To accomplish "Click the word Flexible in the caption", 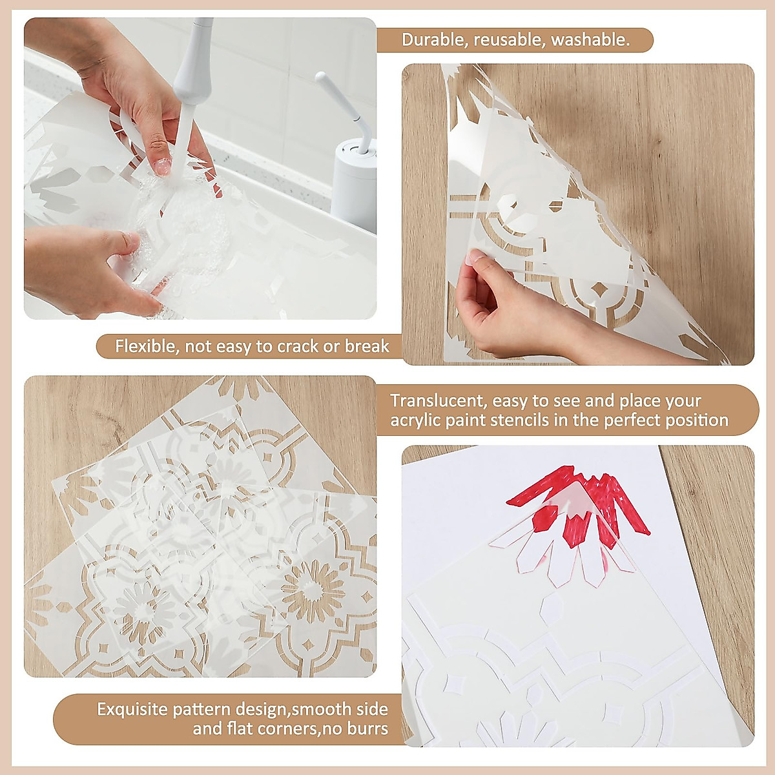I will tap(146, 347).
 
